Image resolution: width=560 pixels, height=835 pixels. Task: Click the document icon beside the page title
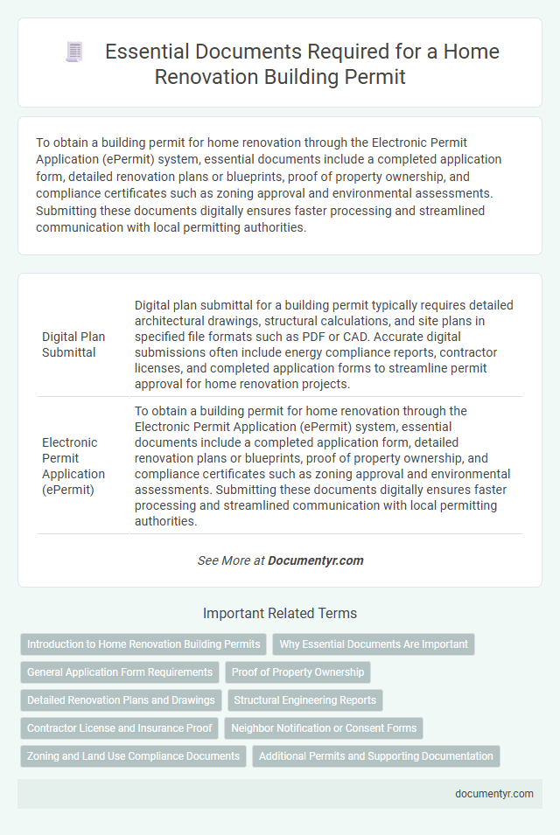click(73, 52)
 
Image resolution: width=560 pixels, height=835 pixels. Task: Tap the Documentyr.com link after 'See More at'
click(316, 560)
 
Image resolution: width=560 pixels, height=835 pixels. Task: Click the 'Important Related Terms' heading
click(280, 613)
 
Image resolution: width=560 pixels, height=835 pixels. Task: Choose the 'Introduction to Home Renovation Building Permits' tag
click(143, 644)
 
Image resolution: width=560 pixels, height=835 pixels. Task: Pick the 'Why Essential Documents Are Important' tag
click(374, 644)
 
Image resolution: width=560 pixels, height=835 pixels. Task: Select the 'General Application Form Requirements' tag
click(120, 672)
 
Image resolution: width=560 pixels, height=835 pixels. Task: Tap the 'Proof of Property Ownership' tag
click(298, 672)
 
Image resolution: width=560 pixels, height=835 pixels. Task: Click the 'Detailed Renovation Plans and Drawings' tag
click(121, 700)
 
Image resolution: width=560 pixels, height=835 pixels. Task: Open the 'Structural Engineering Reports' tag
click(305, 700)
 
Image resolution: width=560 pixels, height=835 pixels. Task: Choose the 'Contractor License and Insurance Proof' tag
click(118, 728)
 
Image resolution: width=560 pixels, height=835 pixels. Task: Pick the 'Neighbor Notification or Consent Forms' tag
click(324, 728)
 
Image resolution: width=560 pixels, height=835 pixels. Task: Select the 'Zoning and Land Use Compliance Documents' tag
click(133, 756)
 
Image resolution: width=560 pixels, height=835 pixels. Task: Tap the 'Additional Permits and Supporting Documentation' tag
click(376, 756)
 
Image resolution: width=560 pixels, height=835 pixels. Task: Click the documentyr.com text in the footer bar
click(494, 794)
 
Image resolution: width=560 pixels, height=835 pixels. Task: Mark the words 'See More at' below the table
click(230, 560)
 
